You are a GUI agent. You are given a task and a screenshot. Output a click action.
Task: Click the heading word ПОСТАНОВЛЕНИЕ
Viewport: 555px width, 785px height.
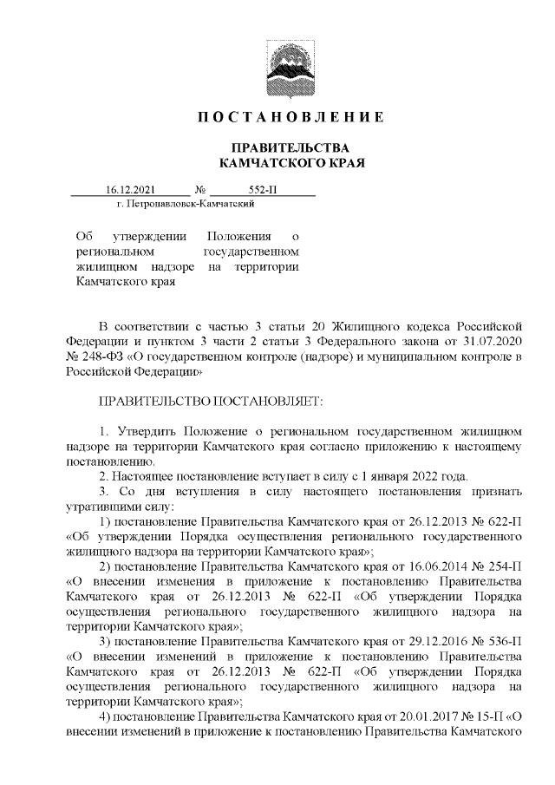[x=291, y=117]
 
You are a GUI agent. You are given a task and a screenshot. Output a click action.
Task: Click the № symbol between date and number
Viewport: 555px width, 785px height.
[x=201, y=190]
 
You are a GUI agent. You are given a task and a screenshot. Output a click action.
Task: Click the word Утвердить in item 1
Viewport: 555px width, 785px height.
[x=142, y=430]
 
